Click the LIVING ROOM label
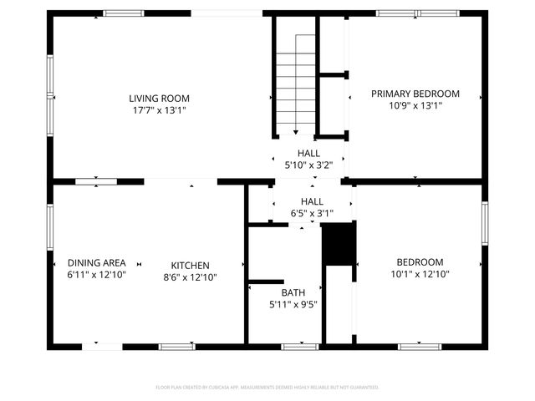pos(159,98)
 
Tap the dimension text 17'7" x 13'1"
pos(159,109)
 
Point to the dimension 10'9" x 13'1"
pos(415,106)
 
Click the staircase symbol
pos(295,79)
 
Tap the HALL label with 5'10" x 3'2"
pos(309,154)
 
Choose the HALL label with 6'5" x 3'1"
pos(312,201)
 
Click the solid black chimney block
pos(339,243)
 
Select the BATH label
pos(293,292)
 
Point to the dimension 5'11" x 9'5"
pos(293,304)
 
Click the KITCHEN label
pos(191,265)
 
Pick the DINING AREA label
pos(97,262)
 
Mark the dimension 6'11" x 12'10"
pos(97,274)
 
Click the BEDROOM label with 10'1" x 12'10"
pos(420,261)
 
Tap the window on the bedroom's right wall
pos(484,224)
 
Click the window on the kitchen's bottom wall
pos(177,346)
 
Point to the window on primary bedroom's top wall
pos(416,13)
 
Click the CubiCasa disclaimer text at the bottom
pos(267,388)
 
